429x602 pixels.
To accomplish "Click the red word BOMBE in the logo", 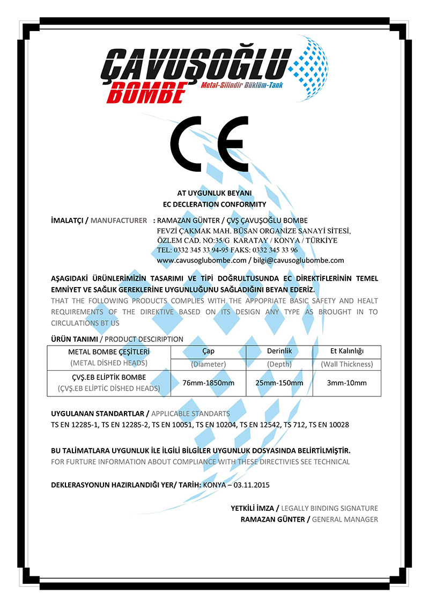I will tap(146, 92).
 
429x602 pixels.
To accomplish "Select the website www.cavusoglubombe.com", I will tap(201, 260).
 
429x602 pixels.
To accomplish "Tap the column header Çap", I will tap(208, 351).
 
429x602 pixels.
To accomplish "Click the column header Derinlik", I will tap(279, 351).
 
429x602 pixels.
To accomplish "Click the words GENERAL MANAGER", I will tap(345, 519).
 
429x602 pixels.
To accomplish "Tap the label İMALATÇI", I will tap(66, 221).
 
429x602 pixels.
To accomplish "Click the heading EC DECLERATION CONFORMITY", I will tap(214, 204).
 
